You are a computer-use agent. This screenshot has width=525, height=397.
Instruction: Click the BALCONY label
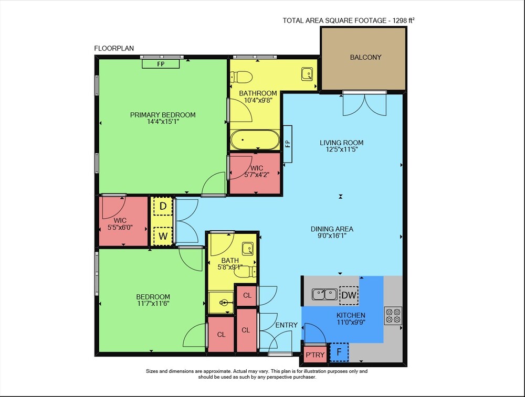[365, 57]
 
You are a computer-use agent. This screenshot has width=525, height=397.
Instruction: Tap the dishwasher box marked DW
[349, 295]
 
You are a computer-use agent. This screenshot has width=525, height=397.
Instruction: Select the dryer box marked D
[163, 206]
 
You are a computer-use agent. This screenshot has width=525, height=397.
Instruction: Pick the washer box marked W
[163, 236]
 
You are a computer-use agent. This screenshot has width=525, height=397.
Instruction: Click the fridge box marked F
[339, 352]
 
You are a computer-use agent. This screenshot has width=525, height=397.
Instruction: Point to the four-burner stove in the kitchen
[393, 316]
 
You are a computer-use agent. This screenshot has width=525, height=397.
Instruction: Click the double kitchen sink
[324, 295]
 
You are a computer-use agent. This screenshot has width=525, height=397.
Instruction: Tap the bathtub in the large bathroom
[255, 140]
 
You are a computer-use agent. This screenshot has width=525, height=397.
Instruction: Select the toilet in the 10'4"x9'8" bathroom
[241, 77]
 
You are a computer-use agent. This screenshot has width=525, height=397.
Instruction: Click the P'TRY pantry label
[315, 355]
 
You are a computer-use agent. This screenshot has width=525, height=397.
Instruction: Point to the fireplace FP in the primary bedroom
[161, 63]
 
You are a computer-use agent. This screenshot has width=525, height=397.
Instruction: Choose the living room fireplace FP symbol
[288, 144]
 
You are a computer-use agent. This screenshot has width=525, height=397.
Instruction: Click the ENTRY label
[286, 325]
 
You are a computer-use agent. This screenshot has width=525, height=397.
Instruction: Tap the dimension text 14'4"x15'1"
[163, 122]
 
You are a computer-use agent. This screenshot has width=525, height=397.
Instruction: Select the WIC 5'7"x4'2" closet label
[257, 171]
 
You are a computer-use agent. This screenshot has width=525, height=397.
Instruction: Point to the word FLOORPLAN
[114, 48]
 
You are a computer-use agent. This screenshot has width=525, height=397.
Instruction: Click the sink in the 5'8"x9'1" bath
[248, 249]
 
